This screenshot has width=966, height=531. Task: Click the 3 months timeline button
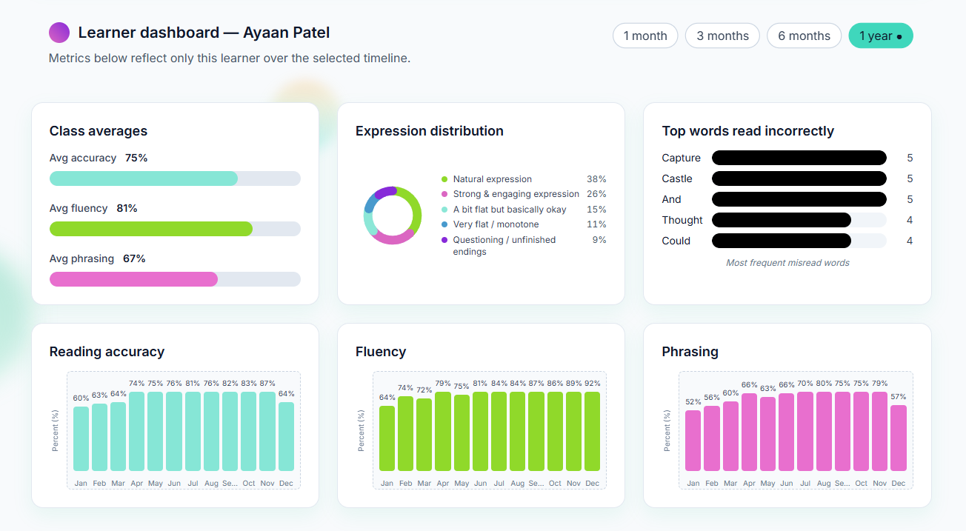coord(722,36)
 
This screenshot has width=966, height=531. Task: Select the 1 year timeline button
coord(880,36)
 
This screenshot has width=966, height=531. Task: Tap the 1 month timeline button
coord(644,36)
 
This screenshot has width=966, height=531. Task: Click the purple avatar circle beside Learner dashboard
coord(59,33)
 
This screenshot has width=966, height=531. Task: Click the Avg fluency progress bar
coord(175,229)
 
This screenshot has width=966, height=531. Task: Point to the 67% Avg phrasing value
coord(134,258)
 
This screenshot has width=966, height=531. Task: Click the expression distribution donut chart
coord(393,216)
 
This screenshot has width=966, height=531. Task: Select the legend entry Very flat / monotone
coord(496,224)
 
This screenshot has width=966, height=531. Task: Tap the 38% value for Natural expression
coord(596,179)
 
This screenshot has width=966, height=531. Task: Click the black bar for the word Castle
coord(799,178)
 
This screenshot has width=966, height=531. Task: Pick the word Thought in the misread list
coord(682,220)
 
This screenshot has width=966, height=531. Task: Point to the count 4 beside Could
coord(910,241)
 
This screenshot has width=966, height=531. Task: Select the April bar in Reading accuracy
coord(137,431)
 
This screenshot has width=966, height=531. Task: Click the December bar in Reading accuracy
coord(286,436)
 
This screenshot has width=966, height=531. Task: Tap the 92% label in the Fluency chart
coord(592,384)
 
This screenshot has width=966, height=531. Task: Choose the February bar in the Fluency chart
coord(406,433)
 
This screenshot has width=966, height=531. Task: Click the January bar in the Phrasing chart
coord(693,440)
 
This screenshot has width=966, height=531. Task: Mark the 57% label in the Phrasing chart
coord(899,397)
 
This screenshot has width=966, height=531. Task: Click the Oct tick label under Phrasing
coord(861,483)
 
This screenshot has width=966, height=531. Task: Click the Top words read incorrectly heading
coord(747,131)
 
